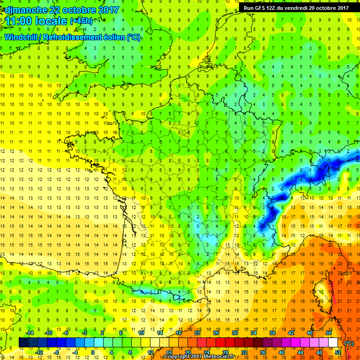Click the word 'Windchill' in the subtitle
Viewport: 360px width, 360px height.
pos(22,37)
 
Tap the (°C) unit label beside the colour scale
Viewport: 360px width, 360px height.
pos(349,343)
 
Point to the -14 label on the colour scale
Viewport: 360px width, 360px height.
pos(29,333)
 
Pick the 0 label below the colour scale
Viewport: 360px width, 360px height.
pos(93,352)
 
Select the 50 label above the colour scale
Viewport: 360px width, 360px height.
pos(328,333)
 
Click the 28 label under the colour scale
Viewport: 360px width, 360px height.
pos(225,352)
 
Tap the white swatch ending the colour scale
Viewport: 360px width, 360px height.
pos(337,343)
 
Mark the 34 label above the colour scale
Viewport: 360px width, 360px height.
pos(253,333)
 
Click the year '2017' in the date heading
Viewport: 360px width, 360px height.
pos(104,10)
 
